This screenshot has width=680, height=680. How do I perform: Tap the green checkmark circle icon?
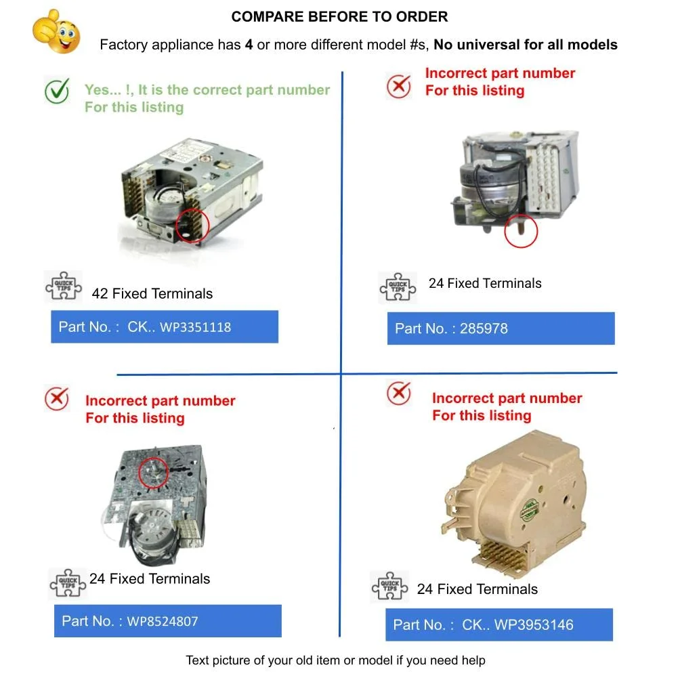pyautogui.click(x=58, y=91)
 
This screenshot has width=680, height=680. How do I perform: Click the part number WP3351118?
pyautogui.click(x=195, y=327)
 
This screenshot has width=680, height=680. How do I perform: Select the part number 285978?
pyautogui.click(x=484, y=329)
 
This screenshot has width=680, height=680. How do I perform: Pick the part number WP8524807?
pyautogui.click(x=162, y=621)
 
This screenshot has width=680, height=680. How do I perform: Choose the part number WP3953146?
pyautogui.click(x=534, y=624)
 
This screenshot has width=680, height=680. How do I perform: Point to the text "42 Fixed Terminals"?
pyautogui.click(x=152, y=294)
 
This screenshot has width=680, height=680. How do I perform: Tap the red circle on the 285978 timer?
pyautogui.click(x=521, y=231)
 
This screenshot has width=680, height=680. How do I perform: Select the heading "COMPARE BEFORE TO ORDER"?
pyautogui.click(x=339, y=17)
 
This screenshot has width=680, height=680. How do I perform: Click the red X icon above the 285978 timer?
pyautogui.click(x=398, y=86)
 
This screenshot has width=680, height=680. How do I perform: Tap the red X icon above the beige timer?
pyautogui.click(x=398, y=393)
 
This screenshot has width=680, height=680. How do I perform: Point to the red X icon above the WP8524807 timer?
pyautogui.click(x=56, y=398)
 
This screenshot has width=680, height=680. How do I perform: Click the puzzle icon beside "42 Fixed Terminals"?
pyautogui.click(x=63, y=286)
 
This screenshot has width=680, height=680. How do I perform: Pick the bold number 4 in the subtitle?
pyautogui.click(x=249, y=45)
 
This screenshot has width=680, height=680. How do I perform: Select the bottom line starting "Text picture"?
pyautogui.click(x=335, y=660)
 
